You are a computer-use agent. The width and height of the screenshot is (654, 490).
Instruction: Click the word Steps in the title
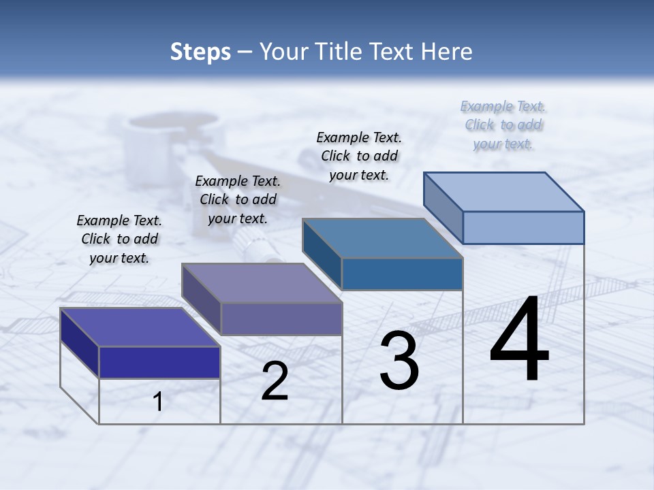[x=200, y=52]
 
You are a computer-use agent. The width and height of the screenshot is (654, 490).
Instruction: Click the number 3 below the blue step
[x=399, y=361]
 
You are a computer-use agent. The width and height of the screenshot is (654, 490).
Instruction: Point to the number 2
[x=275, y=381]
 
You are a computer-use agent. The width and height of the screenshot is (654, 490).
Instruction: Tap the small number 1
[x=158, y=402]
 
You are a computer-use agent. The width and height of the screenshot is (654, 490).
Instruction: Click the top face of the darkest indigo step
[x=140, y=327]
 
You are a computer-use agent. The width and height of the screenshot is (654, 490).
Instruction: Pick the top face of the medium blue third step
[x=382, y=238]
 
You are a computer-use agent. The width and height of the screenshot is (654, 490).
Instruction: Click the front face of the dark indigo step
[x=159, y=362]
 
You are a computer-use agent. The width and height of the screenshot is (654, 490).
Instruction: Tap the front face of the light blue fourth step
[x=523, y=227]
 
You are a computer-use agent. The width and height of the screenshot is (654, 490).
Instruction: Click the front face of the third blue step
[x=402, y=274]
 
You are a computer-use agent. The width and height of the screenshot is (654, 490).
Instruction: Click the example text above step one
[x=120, y=239]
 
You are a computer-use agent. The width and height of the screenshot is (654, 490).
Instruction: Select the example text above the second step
[x=238, y=199]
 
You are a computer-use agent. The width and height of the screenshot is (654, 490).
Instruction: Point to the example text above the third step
[x=359, y=156]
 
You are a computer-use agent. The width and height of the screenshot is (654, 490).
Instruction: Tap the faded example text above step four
[x=503, y=125]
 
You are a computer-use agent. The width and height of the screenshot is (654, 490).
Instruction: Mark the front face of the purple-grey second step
[x=281, y=318]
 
